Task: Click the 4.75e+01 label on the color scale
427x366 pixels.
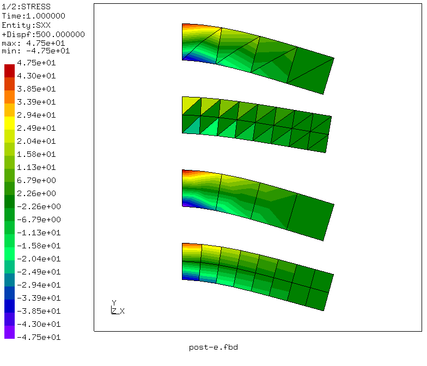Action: pos(36,63)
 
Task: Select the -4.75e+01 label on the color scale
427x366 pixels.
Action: pos(39,337)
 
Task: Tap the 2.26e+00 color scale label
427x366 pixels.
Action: pos(36,193)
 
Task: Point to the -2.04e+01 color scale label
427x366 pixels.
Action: pos(39,259)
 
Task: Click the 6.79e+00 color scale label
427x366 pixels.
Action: pos(36,180)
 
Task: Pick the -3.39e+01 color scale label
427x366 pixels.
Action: pos(39,298)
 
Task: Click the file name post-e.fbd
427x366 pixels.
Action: pos(213,347)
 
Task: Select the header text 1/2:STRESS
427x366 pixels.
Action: pos(26,7)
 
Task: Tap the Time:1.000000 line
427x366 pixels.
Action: pos(34,16)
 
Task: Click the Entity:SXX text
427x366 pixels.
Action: pos(26,25)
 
